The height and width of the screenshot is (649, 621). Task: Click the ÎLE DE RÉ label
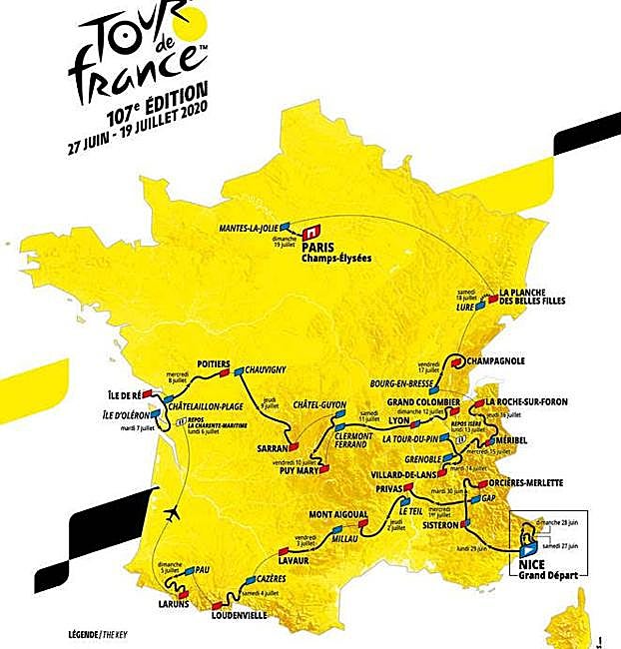[128, 395]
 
